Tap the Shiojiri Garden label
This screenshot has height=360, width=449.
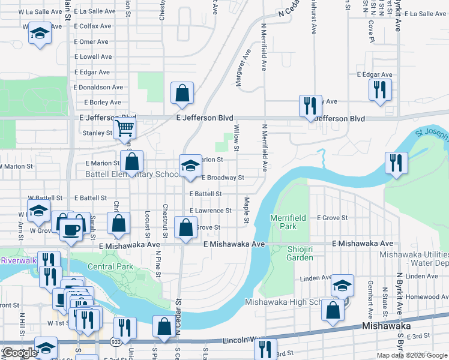pos(292,253)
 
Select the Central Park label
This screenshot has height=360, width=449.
pos(110,266)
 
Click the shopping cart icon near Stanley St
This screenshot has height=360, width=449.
pos(124,127)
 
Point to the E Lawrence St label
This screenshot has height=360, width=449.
pos(211,211)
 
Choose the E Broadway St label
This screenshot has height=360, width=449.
pos(223,178)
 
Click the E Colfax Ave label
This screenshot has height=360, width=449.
pos(92,26)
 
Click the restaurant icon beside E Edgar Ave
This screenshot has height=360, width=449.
pos(380,90)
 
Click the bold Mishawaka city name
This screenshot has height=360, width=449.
pos(387,326)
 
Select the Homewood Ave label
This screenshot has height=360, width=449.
pos(423,296)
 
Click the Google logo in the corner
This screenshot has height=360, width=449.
pos(19,353)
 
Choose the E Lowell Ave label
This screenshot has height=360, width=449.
pos(93,57)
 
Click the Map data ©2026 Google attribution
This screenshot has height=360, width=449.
pos(412,355)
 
